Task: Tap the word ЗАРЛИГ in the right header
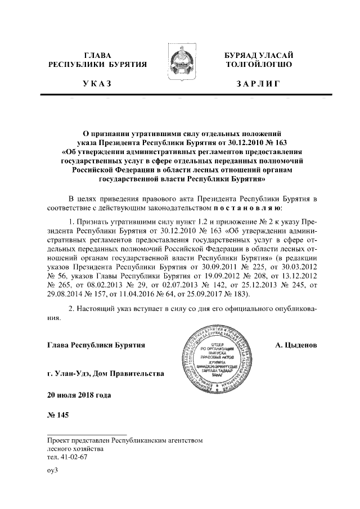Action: (259, 84)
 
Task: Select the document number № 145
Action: (58, 416)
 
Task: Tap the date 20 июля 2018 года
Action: (79, 394)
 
